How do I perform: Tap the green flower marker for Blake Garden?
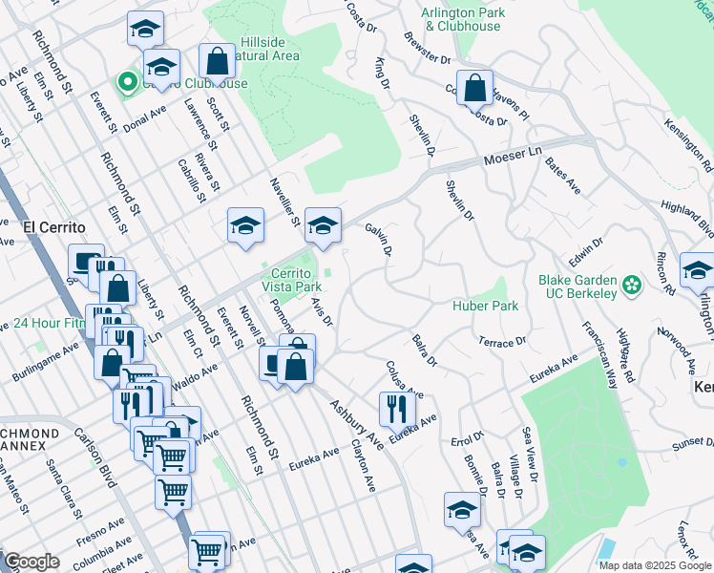click(631, 285)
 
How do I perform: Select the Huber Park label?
click(485, 306)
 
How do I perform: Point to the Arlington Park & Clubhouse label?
click(462, 19)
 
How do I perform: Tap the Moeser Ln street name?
click(513, 155)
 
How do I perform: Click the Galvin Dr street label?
click(378, 240)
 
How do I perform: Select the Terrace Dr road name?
click(502, 341)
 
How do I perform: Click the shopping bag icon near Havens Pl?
click(474, 88)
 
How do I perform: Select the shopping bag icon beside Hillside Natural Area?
click(218, 62)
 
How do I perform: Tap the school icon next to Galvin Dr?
click(323, 225)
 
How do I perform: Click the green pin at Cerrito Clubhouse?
click(125, 83)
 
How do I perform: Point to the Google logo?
click(31, 562)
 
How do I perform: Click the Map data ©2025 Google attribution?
click(655, 565)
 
